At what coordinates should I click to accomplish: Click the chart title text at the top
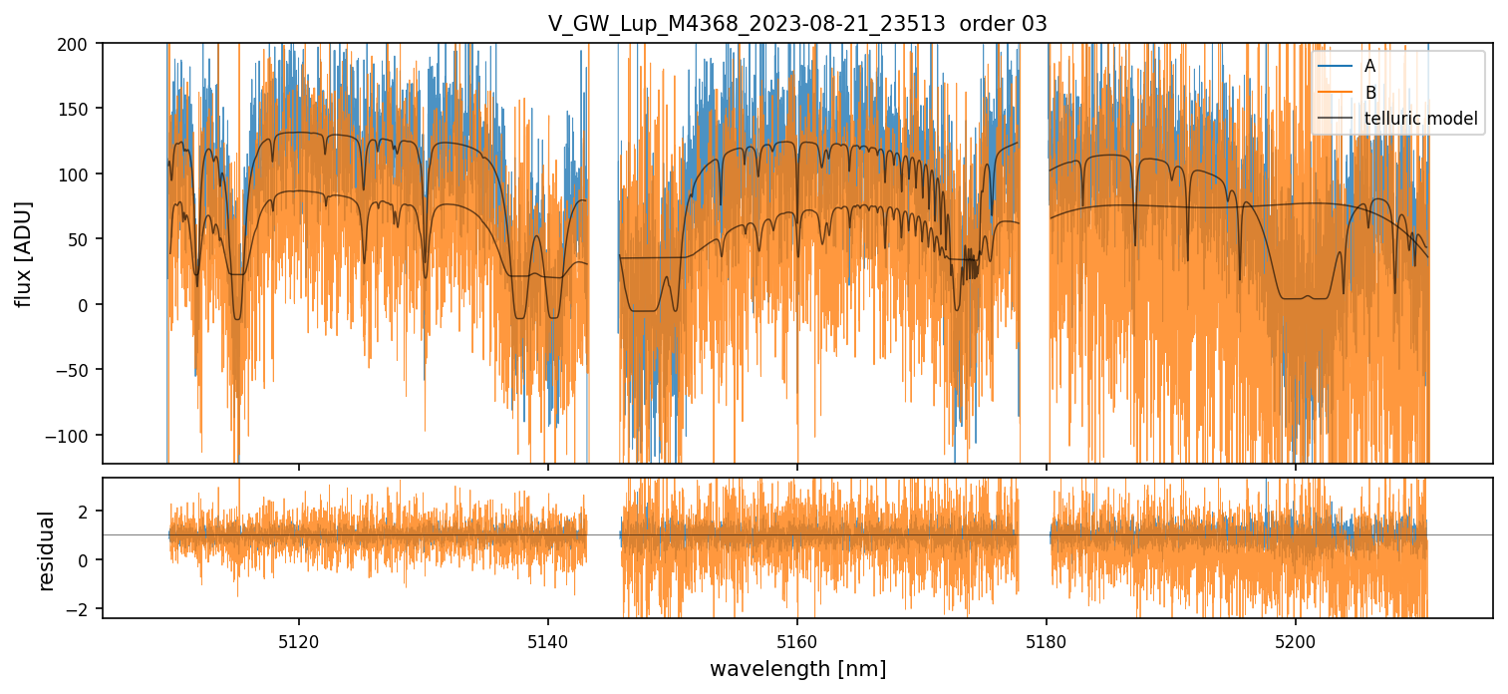[797, 24]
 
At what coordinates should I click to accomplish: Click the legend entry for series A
[1369, 66]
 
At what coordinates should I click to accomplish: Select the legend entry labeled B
[1369, 93]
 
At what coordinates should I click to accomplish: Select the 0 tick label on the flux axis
[84, 305]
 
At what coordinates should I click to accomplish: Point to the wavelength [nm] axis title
[797, 668]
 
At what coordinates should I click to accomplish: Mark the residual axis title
[46, 549]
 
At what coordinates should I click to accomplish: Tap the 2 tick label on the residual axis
[84, 512]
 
